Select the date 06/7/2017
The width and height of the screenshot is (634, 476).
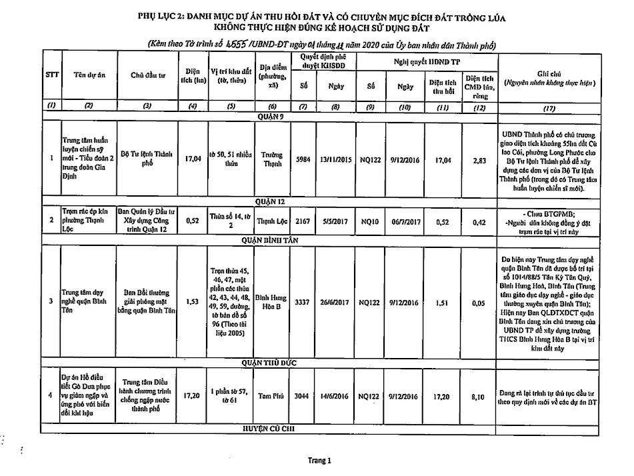click(406, 221)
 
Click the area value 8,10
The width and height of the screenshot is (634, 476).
click(477, 397)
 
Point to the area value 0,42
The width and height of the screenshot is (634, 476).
click(477, 221)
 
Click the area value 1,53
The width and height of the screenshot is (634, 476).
click(192, 301)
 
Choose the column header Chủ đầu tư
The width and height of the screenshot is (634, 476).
click(149, 75)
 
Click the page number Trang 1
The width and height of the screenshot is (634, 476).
click(318, 460)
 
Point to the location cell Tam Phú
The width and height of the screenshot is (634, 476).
click(272, 397)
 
